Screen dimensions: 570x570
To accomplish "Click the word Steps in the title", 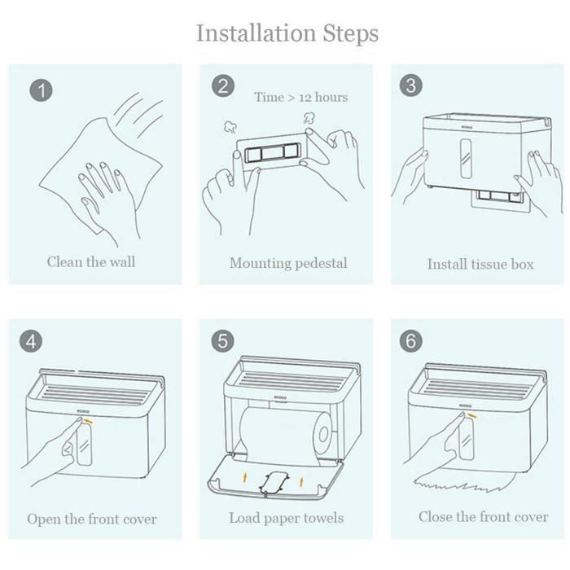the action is pos(351,34).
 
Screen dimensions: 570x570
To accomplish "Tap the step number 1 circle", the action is pos(41,90).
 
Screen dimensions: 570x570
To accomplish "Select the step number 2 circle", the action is pos(223,85).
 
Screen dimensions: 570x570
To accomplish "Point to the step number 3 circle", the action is pos(410,85).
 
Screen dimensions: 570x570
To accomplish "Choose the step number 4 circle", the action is pos(31,341).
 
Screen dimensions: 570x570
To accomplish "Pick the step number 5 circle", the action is pos(222,341).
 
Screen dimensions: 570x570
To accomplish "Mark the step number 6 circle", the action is pos(410,341).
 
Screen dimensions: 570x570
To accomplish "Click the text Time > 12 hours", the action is pos(301,97).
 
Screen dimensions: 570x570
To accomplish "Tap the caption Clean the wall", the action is pos(91,261).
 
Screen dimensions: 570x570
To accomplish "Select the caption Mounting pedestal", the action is pos(288,263).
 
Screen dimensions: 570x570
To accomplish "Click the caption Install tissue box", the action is pos(480,265).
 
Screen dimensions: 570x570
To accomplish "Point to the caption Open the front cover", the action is pos(91,519).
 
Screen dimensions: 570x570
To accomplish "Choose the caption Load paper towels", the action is pos(286,518).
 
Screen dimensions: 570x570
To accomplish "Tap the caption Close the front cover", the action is pos(483,516).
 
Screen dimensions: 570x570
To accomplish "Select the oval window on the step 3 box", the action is pos(466,159).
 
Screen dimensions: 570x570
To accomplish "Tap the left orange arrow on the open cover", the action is pos(245,476).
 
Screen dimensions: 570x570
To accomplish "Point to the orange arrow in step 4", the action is pos(88,421).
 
